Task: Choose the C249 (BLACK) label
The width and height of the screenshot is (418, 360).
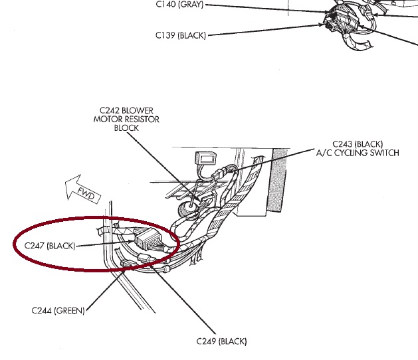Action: (221, 341)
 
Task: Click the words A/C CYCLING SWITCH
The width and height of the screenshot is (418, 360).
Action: (357, 153)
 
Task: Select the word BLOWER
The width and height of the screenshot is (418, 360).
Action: (144, 110)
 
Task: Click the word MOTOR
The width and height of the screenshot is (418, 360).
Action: (106, 119)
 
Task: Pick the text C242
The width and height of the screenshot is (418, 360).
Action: (110, 110)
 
